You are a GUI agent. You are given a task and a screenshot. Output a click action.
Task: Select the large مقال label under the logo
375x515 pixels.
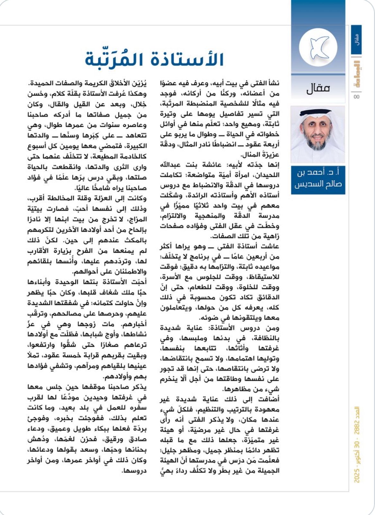(x=318, y=88)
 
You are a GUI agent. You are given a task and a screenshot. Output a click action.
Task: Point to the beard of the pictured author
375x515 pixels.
(x=317, y=144)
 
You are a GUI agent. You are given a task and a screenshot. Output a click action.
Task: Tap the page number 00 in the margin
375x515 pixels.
(x=356, y=97)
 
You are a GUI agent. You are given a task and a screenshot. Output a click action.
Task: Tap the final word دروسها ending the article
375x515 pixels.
(x=135, y=471)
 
